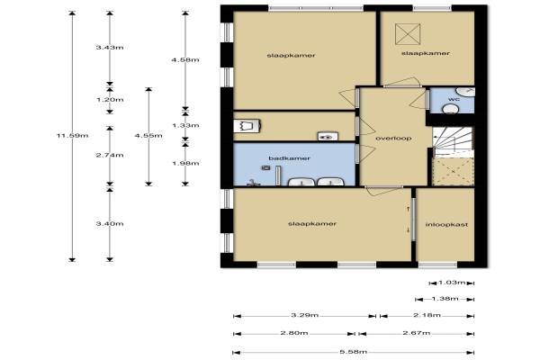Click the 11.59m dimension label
coord(72,136)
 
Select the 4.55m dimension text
coord(148,135)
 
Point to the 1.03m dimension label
coord(452,283)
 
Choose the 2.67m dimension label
coord(417,333)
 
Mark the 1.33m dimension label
coord(185,125)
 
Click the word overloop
coord(393,138)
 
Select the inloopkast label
coord(446,225)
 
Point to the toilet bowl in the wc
coord(450,109)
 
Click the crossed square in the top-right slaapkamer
coord(408,34)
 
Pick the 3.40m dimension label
coord(110,223)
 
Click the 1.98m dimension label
coord(185,163)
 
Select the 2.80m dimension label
coord(294,333)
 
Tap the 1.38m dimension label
coord(445,298)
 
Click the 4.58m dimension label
coord(185,59)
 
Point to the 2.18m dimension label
coord(427,315)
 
